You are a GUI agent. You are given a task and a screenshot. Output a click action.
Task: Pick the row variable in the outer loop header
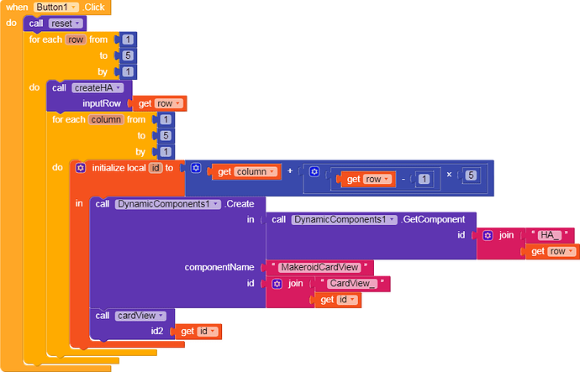click(x=71, y=39)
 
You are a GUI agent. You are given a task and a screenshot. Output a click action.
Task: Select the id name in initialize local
click(x=156, y=168)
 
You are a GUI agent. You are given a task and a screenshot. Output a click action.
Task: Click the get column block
click(x=243, y=171)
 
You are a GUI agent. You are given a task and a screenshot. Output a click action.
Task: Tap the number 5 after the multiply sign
click(x=471, y=176)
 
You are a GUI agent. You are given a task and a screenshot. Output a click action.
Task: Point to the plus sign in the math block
click(x=291, y=171)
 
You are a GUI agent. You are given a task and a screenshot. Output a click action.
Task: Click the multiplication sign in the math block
click(x=450, y=176)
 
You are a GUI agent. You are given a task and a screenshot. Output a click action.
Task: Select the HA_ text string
click(x=551, y=235)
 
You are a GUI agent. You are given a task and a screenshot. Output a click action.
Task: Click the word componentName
click(x=219, y=267)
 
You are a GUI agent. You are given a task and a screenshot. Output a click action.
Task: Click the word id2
click(x=157, y=332)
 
